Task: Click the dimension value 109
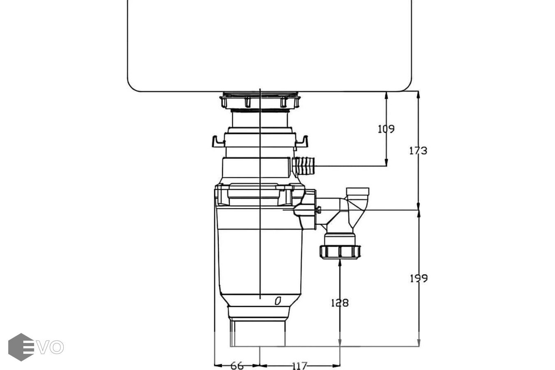tap(386, 129)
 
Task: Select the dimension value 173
tap(418, 150)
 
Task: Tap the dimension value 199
tap(419, 278)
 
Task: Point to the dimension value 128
tap(340, 303)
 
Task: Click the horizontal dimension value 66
tap(237, 365)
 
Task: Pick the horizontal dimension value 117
tap(300, 365)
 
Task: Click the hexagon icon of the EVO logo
tap(21, 347)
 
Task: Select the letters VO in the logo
tap(49, 347)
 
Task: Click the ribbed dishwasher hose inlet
tap(305, 166)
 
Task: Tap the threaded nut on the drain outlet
tap(340, 251)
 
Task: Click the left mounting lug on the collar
tap(218, 142)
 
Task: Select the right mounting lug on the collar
tap(302, 142)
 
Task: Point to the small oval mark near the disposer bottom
tap(278, 301)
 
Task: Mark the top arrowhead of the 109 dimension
tap(386, 95)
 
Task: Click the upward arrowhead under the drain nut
tap(340, 263)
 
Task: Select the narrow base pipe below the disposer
tap(257, 333)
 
